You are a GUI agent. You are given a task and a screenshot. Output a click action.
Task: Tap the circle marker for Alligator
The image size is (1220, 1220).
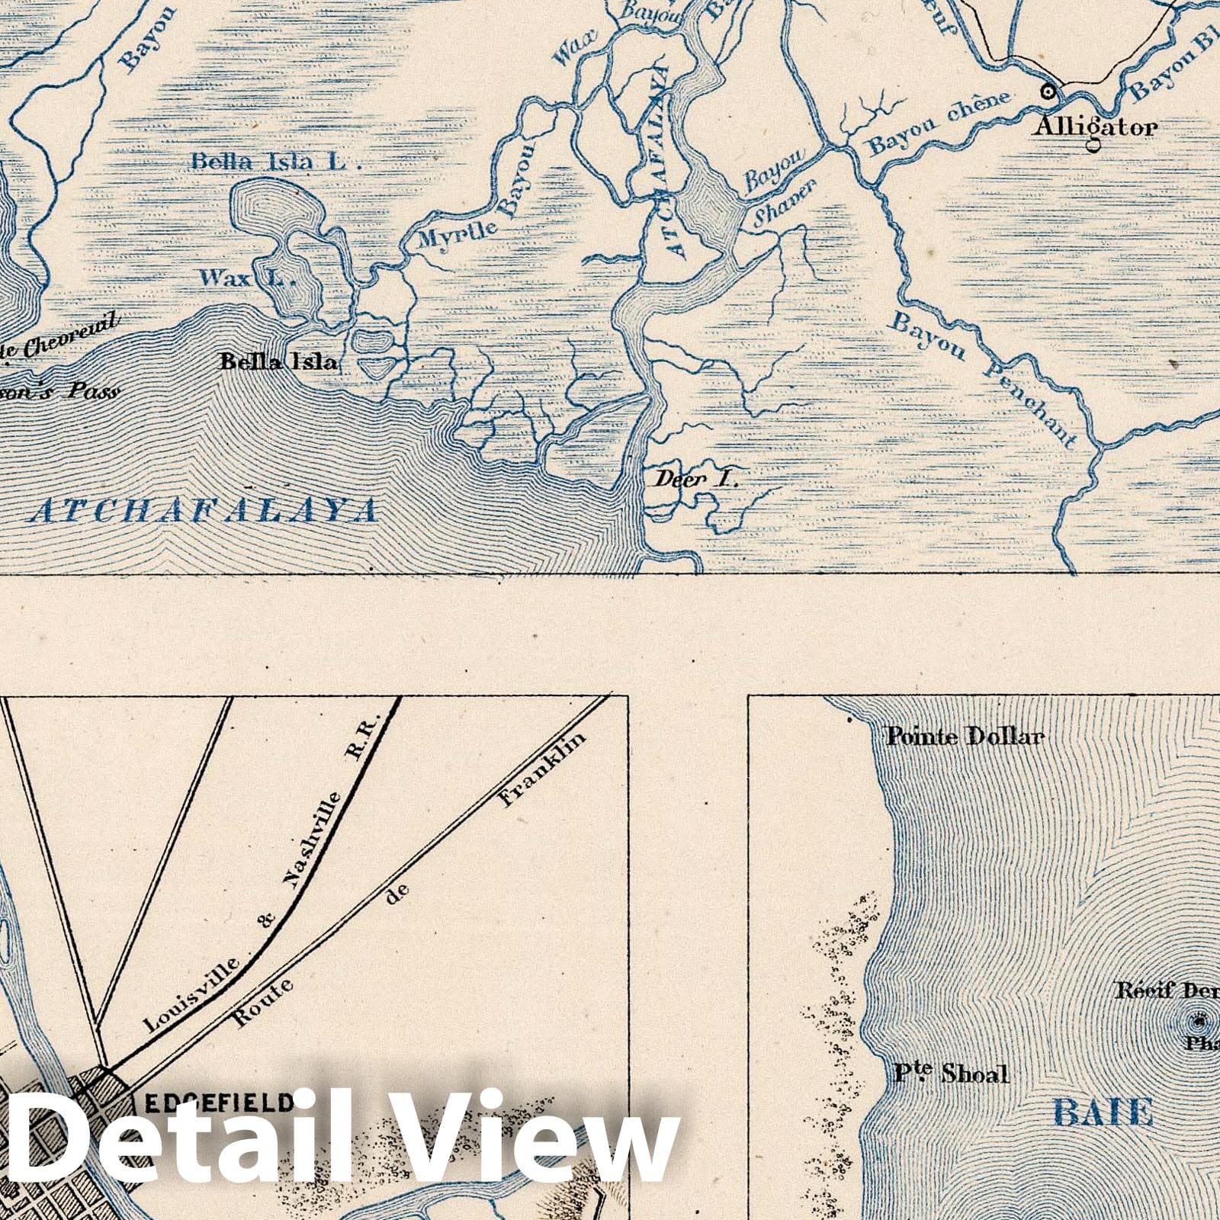(x=1049, y=91)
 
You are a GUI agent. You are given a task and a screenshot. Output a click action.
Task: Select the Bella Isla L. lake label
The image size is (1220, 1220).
(x=274, y=162)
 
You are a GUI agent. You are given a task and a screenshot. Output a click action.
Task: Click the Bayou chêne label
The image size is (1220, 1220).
(x=939, y=122)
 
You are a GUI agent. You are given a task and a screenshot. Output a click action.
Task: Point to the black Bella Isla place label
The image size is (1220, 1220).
(x=278, y=362)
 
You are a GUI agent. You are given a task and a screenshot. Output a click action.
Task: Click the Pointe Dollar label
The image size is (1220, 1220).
(x=965, y=737)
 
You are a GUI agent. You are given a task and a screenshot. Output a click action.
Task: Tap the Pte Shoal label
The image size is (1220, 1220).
(x=952, y=1074)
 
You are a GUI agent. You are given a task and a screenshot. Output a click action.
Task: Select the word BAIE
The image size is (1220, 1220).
(x=1102, y=1113)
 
